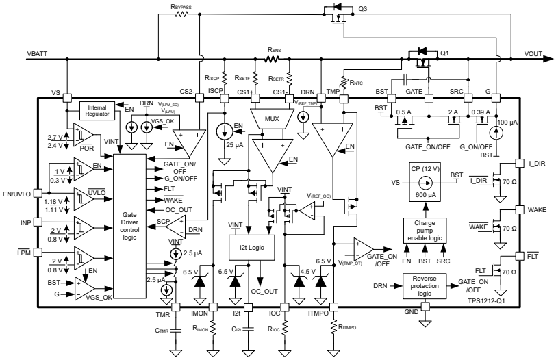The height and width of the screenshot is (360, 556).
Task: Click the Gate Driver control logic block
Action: click(x=129, y=223)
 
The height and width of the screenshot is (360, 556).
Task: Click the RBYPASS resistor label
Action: click(x=181, y=6)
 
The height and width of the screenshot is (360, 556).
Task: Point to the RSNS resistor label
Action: click(x=275, y=49)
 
